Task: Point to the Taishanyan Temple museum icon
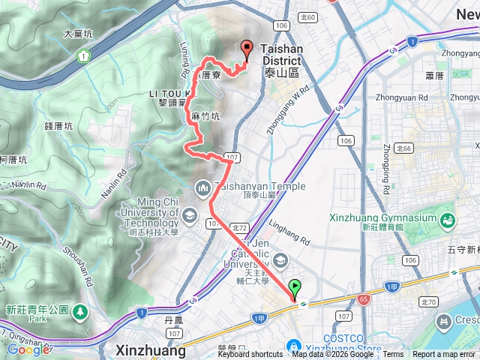tap(202, 187)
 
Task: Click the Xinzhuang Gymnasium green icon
tap(448, 220)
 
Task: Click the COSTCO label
tap(346, 339)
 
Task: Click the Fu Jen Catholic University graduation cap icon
tap(280, 259)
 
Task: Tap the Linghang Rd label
tap(289, 234)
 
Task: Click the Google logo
tap(28, 349)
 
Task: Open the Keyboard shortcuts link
tap(256, 355)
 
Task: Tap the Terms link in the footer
tap(393, 355)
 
